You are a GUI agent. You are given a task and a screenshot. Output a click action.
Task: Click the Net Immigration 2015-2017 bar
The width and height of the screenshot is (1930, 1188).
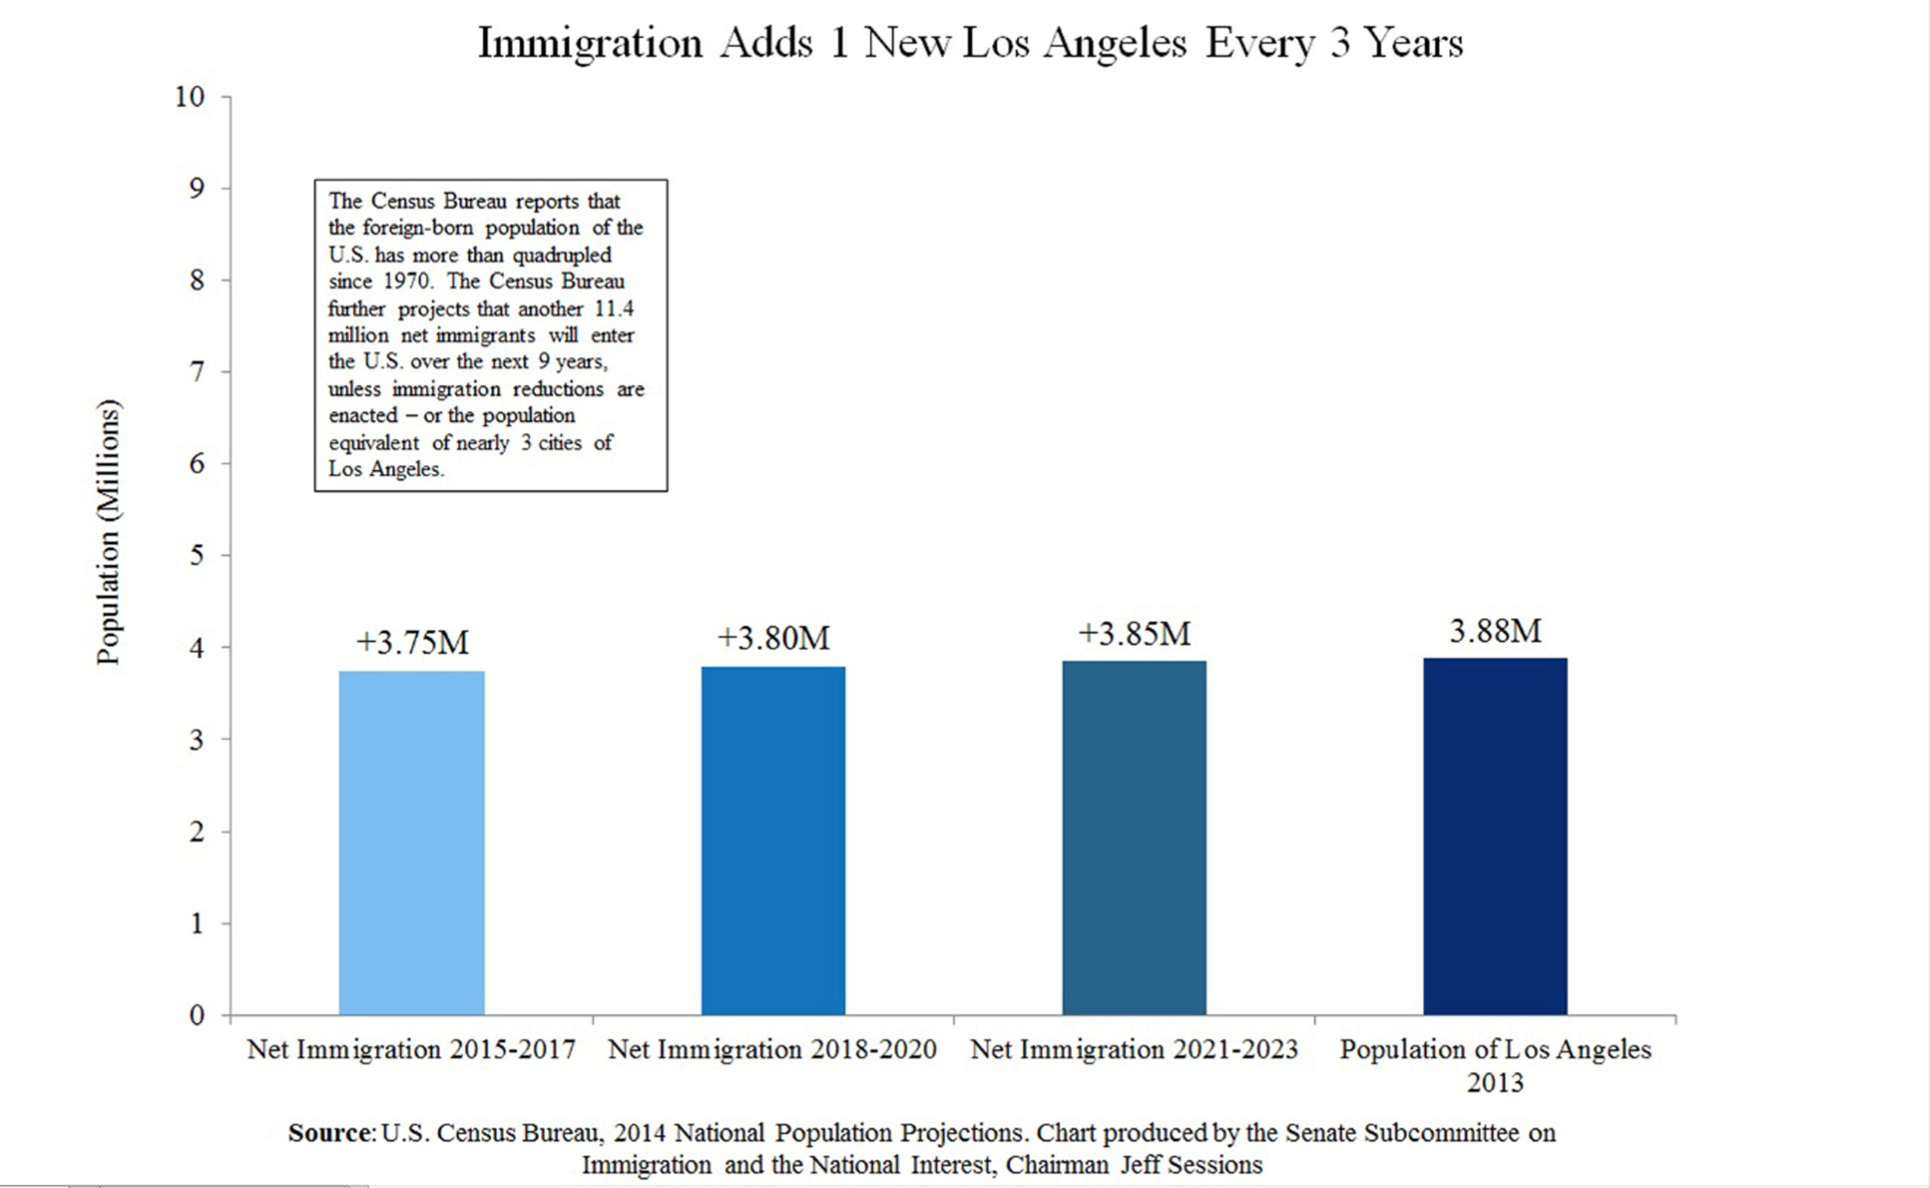pos(411,842)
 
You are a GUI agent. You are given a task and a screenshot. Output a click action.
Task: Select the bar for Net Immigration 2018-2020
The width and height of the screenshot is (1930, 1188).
pos(773,840)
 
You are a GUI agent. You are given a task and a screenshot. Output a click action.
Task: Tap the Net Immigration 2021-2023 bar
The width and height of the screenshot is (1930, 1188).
pos(1134,837)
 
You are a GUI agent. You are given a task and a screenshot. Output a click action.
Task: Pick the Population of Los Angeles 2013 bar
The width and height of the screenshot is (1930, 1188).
pos(1494,835)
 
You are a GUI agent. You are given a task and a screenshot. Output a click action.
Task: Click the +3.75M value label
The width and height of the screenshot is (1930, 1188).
pos(412,643)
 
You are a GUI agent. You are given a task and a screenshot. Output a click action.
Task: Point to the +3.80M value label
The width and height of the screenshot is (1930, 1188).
pos(773,638)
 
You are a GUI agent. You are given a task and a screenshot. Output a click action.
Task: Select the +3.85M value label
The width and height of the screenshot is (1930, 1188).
pos(1134,634)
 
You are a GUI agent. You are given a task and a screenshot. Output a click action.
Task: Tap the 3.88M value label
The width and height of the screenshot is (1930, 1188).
pos(1495,630)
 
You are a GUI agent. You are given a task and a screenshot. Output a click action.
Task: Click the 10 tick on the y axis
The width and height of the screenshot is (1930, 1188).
pos(189,96)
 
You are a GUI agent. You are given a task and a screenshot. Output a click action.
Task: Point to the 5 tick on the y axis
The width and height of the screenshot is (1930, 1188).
pos(197,555)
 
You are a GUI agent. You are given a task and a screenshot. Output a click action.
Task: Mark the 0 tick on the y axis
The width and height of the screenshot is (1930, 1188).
pos(197,1015)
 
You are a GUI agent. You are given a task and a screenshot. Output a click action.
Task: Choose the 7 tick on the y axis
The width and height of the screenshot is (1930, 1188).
pos(197,371)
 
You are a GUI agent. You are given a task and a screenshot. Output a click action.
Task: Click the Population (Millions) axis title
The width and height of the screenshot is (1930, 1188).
pos(109,532)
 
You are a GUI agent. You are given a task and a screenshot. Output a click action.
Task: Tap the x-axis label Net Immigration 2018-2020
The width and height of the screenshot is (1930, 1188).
pos(772,1049)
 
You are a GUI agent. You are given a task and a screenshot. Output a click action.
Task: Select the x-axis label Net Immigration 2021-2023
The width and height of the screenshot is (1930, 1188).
pos(1134,1049)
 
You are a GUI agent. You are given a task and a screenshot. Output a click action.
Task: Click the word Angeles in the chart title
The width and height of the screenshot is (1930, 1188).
pos(1115,43)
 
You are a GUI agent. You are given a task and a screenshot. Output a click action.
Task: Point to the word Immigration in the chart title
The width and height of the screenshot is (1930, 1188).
pos(590,43)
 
